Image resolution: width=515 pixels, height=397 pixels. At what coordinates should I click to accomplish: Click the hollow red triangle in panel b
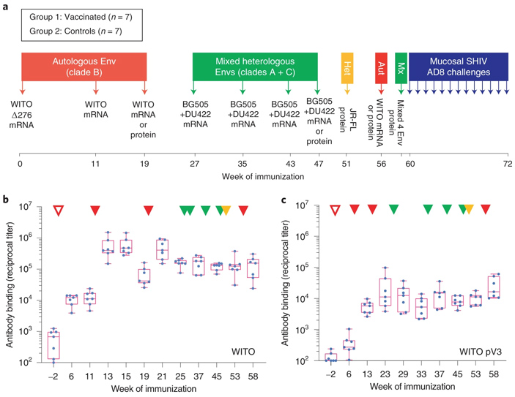(58, 211)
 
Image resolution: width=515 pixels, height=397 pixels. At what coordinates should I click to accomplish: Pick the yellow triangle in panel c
(468, 210)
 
